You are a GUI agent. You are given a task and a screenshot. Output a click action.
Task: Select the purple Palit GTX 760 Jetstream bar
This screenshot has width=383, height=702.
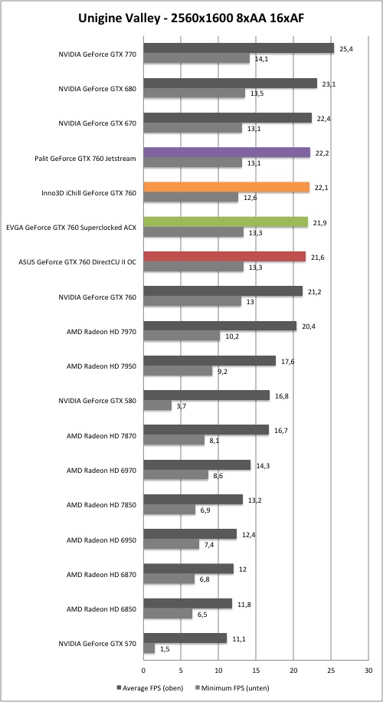[x=227, y=153]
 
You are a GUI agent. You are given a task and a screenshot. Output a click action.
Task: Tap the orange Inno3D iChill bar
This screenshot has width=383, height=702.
[x=227, y=187]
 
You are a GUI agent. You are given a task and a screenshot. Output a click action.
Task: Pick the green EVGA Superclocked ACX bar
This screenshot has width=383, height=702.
[x=225, y=222]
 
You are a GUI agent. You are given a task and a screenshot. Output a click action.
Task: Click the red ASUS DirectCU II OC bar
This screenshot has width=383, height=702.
[x=224, y=257]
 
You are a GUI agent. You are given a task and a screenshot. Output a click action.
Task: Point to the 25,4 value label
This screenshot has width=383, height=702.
[x=346, y=49]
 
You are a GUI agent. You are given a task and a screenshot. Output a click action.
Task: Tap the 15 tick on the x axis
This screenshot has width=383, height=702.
[x=256, y=671]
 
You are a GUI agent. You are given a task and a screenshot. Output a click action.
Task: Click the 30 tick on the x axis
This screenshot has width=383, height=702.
[x=368, y=671]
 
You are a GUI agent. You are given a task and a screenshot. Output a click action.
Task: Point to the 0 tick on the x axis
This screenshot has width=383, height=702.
[x=143, y=671]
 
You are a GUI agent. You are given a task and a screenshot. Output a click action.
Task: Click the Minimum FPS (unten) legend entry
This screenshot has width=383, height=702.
[x=233, y=687]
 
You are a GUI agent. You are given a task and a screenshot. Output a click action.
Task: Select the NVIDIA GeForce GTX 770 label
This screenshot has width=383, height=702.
[x=97, y=54]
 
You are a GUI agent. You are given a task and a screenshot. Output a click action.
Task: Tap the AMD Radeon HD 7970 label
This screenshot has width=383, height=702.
[x=101, y=332]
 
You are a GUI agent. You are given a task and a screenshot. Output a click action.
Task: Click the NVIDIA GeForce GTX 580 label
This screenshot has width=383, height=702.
[x=97, y=401]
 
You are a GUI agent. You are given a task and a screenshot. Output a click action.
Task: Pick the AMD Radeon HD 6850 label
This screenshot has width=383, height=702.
[x=101, y=609]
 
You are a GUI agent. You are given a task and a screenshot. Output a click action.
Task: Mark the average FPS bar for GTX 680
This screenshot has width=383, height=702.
[x=230, y=84]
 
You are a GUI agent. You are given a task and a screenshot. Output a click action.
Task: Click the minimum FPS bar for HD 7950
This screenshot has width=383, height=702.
[x=178, y=371]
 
